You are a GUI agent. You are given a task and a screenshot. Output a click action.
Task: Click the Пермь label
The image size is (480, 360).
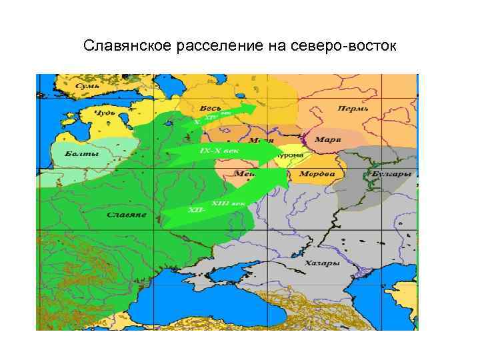coord(353,109)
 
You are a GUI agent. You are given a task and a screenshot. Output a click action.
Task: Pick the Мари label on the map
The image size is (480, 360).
coord(327,140)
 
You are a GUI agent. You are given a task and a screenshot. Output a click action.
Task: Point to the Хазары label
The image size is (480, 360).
coord(323,263)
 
